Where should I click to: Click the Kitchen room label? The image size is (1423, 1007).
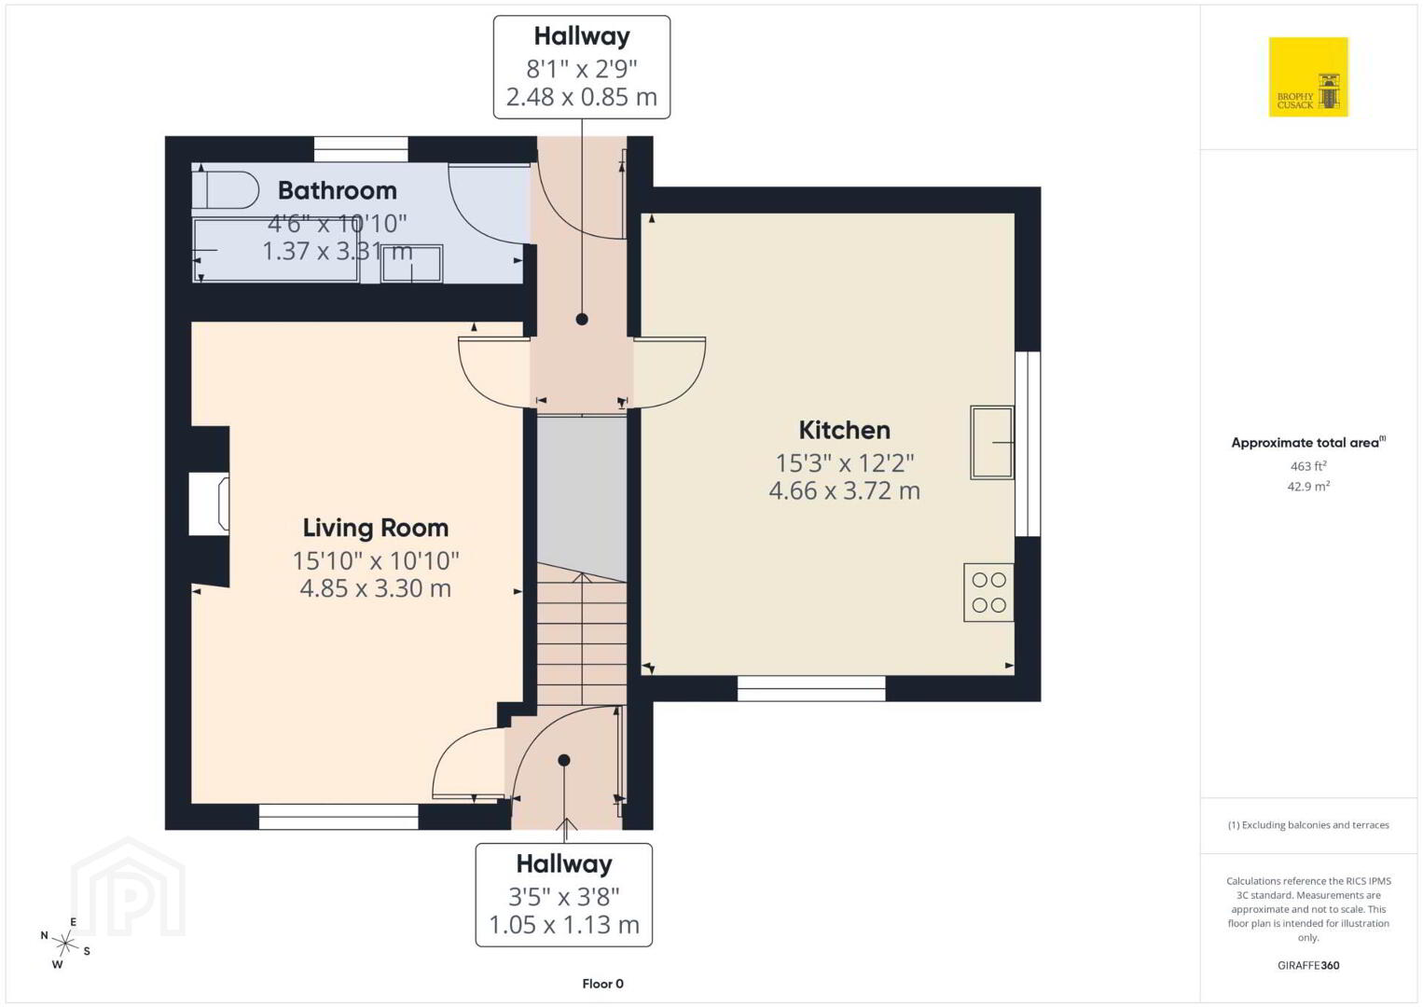pyautogui.click(x=844, y=430)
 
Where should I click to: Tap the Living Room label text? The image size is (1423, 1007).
pyautogui.click(x=376, y=528)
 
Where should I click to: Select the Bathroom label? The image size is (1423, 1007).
pyautogui.click(x=338, y=190)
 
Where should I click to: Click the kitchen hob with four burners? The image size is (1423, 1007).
pyautogui.click(x=988, y=592)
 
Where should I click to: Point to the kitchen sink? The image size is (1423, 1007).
pyautogui.click(x=991, y=442)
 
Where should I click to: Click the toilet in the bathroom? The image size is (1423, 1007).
pyautogui.click(x=225, y=189)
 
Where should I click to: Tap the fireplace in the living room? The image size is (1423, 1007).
pyautogui.click(x=209, y=504)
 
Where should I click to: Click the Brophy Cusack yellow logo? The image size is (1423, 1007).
pyautogui.click(x=1308, y=76)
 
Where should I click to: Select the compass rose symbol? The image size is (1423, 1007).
pyautogui.click(x=64, y=943)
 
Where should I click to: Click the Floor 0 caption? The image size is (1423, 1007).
pyautogui.click(x=603, y=984)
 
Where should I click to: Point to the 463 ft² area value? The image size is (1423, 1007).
pyautogui.click(x=1308, y=465)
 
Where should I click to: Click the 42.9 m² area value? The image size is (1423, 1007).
pyautogui.click(x=1308, y=486)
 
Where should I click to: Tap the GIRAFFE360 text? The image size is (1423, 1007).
pyautogui.click(x=1308, y=965)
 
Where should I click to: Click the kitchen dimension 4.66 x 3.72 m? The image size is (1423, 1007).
pyautogui.click(x=844, y=490)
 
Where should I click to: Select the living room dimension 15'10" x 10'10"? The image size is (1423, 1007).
pyautogui.click(x=376, y=560)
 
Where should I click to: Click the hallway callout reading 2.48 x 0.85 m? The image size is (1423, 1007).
pyautogui.click(x=581, y=97)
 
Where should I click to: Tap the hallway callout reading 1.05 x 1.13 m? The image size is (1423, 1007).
pyautogui.click(x=563, y=924)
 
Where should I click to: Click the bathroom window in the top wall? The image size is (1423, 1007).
pyautogui.click(x=361, y=149)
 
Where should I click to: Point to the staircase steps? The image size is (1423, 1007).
pyautogui.click(x=582, y=634)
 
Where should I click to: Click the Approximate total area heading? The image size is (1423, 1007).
pyautogui.click(x=1308, y=442)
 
